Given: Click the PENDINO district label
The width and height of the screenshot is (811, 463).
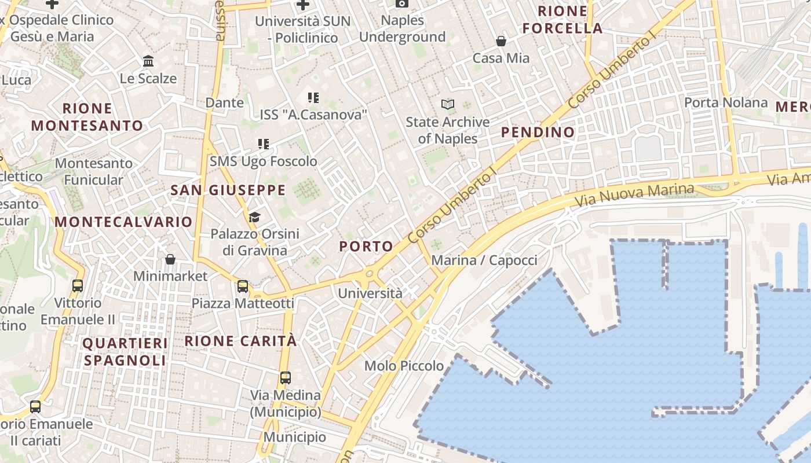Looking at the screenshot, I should pos(538,132).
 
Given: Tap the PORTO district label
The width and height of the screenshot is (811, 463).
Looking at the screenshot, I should pos(366,246).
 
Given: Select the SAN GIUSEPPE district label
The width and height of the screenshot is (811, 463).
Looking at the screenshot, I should pos(228,190).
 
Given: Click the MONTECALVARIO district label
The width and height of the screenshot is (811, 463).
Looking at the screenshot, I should pos(123,222).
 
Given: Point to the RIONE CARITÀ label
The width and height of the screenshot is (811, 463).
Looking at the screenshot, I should pos(240,341).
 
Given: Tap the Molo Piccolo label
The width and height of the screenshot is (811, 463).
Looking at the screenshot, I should pos(404,366).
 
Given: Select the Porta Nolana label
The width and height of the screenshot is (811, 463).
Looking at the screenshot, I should pos(726,103).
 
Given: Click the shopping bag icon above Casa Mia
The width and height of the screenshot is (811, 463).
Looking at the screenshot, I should pos(501,41).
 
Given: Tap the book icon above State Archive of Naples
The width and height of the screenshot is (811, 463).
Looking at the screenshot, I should pos(447,105).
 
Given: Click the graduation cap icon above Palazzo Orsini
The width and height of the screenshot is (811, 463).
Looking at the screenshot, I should pos(254,217).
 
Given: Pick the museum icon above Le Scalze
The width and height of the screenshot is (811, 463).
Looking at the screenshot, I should pos(148,61).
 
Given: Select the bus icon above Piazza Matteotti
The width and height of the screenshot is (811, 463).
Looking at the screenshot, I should pos(243,286).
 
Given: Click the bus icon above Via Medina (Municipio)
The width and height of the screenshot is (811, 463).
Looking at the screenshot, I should pos(285,378).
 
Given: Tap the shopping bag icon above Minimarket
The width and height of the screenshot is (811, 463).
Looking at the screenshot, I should pos(170,259).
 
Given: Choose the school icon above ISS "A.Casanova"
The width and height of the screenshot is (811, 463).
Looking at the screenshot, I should pos(313,97).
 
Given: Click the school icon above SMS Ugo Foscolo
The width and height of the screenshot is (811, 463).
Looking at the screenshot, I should pos(264,144).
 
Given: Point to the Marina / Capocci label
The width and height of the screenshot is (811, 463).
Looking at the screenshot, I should pos(484,260).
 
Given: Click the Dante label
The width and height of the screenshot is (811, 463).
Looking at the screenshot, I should pos(225,103).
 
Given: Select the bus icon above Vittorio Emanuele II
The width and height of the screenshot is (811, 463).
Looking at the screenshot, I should pos(78,285).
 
